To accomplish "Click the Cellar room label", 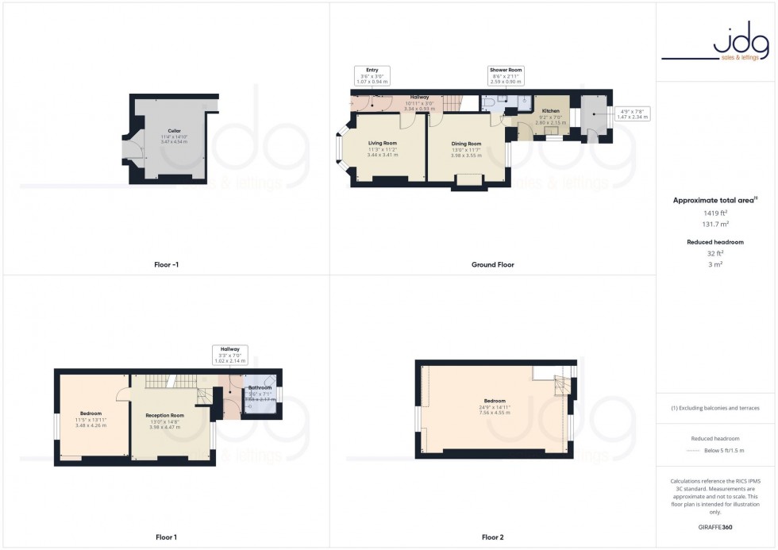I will point(174,130).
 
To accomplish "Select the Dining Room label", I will point(467,144).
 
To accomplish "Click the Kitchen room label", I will point(550,111).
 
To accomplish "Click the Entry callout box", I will point(372,75).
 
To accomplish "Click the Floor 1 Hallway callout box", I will point(230,354).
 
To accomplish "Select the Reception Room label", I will point(164,415).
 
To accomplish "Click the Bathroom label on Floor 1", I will point(260,388).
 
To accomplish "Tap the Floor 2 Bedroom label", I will point(494,401).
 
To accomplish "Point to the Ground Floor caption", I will point(492,264).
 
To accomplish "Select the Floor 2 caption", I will point(492,537).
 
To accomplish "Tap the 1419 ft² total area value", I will point(716,213).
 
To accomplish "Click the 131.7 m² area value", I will point(716,225).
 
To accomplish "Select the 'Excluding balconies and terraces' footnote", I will point(715,408).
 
